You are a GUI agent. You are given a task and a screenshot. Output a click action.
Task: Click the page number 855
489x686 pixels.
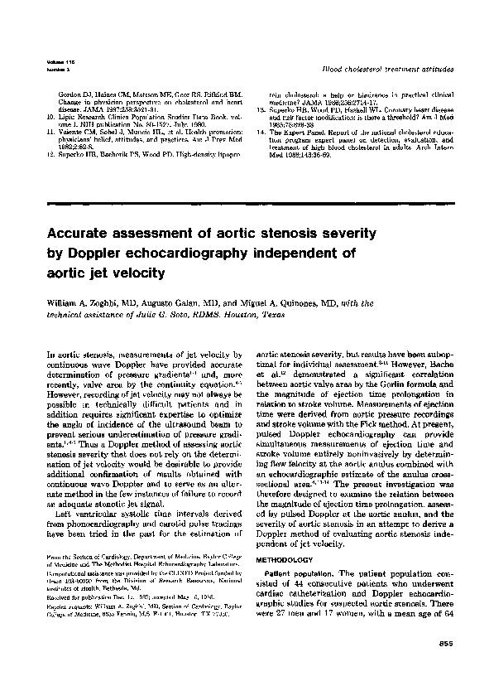[445, 644]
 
